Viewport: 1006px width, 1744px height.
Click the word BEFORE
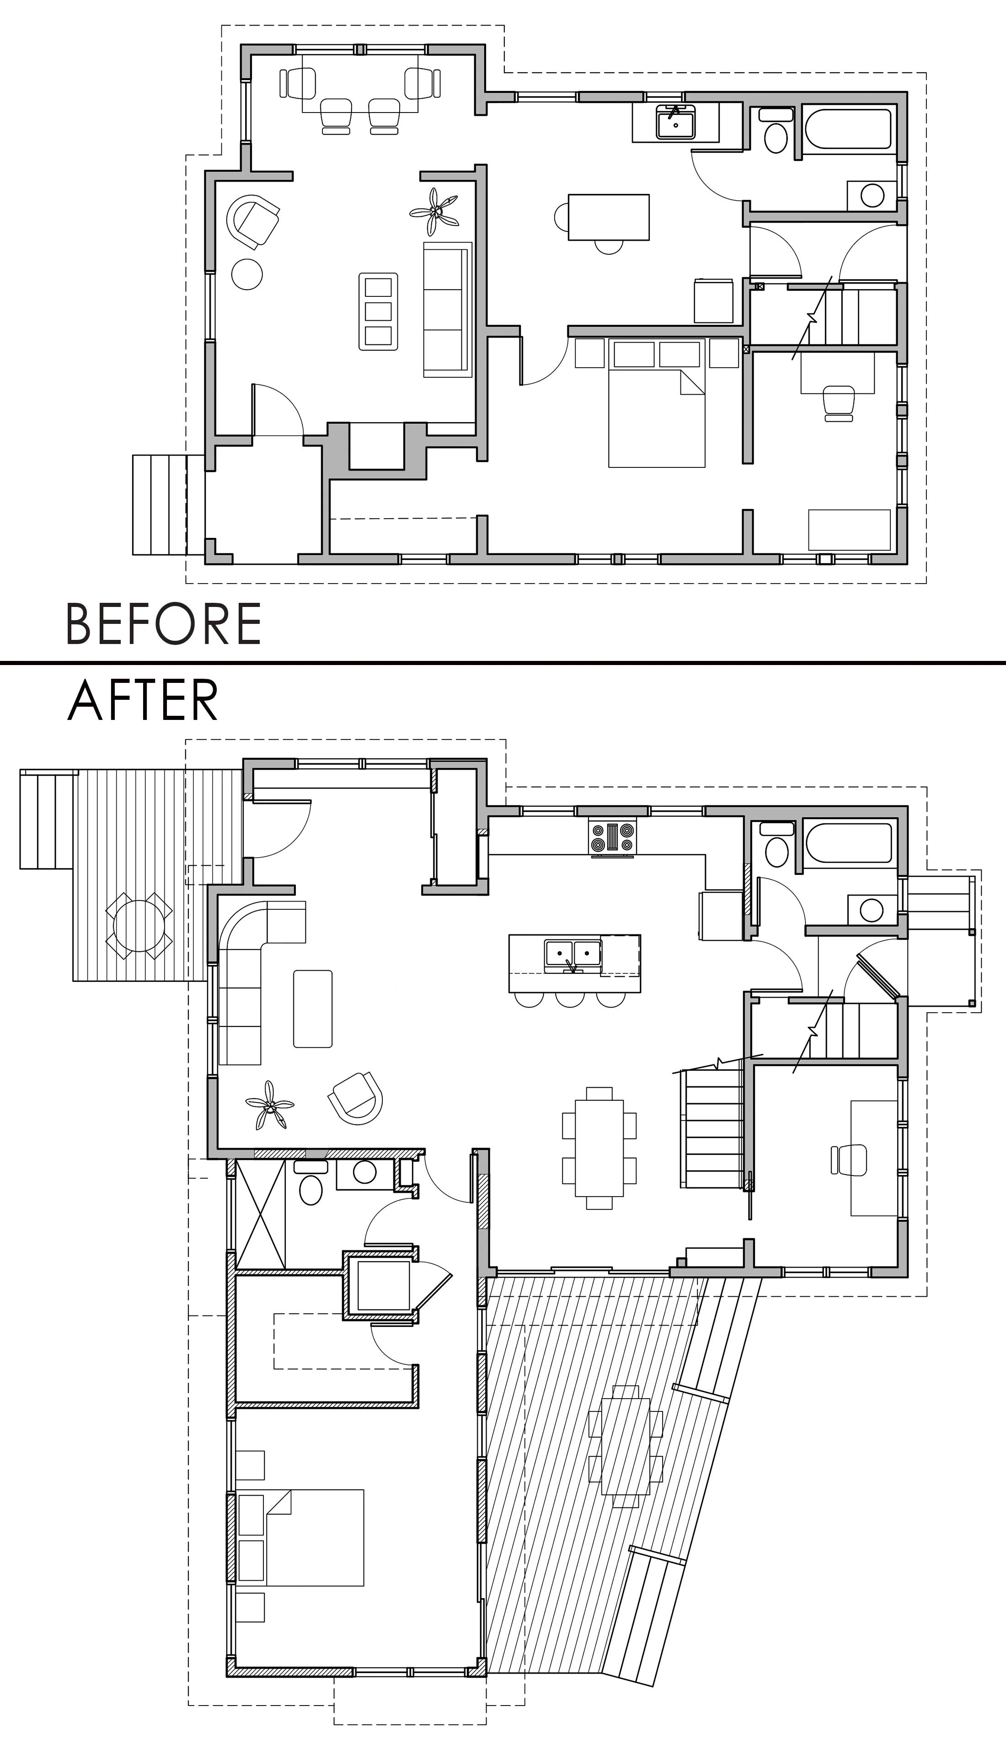(x=163, y=623)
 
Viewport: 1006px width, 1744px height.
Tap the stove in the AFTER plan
(x=612, y=836)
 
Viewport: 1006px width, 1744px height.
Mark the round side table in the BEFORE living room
(x=246, y=274)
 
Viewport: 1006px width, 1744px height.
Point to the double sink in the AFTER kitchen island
(x=572, y=954)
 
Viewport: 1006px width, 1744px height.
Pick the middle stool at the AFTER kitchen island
(x=570, y=998)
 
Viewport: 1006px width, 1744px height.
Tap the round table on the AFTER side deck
(x=139, y=926)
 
